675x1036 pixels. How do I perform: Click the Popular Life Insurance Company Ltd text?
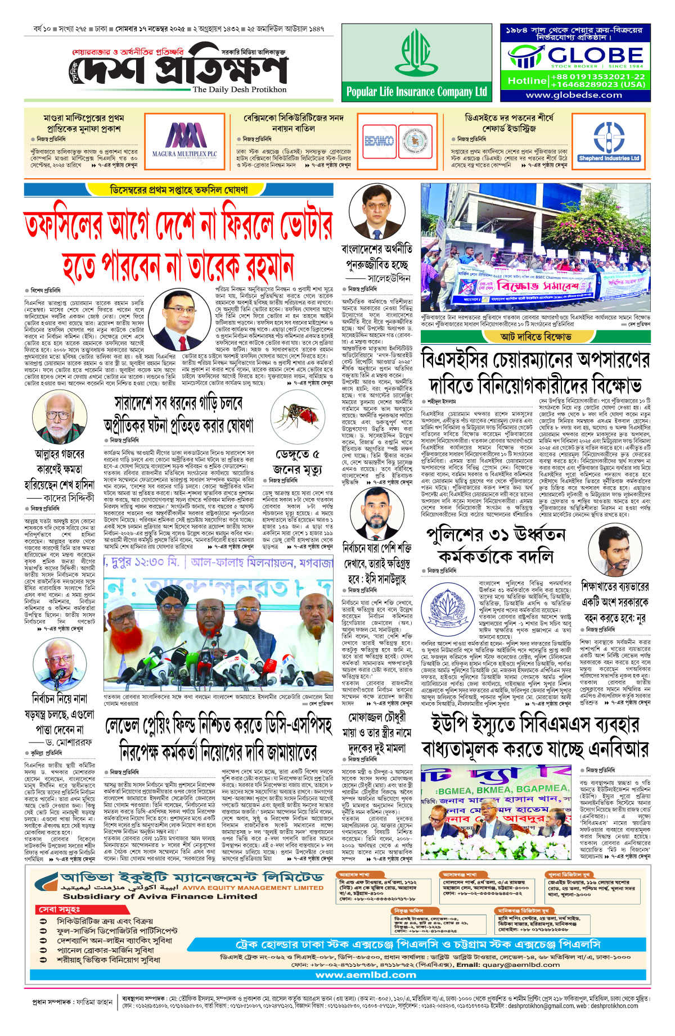[x=416, y=92]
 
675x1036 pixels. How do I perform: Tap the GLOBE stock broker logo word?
[x=596, y=55]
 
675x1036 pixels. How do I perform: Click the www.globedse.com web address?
[x=574, y=95]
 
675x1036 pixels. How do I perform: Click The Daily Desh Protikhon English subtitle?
[x=239, y=89]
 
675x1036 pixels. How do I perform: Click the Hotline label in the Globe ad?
[x=526, y=80]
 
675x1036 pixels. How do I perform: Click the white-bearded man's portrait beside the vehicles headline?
[x=58, y=418]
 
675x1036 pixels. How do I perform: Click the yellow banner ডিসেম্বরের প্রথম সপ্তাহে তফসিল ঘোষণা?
[x=178, y=190]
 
